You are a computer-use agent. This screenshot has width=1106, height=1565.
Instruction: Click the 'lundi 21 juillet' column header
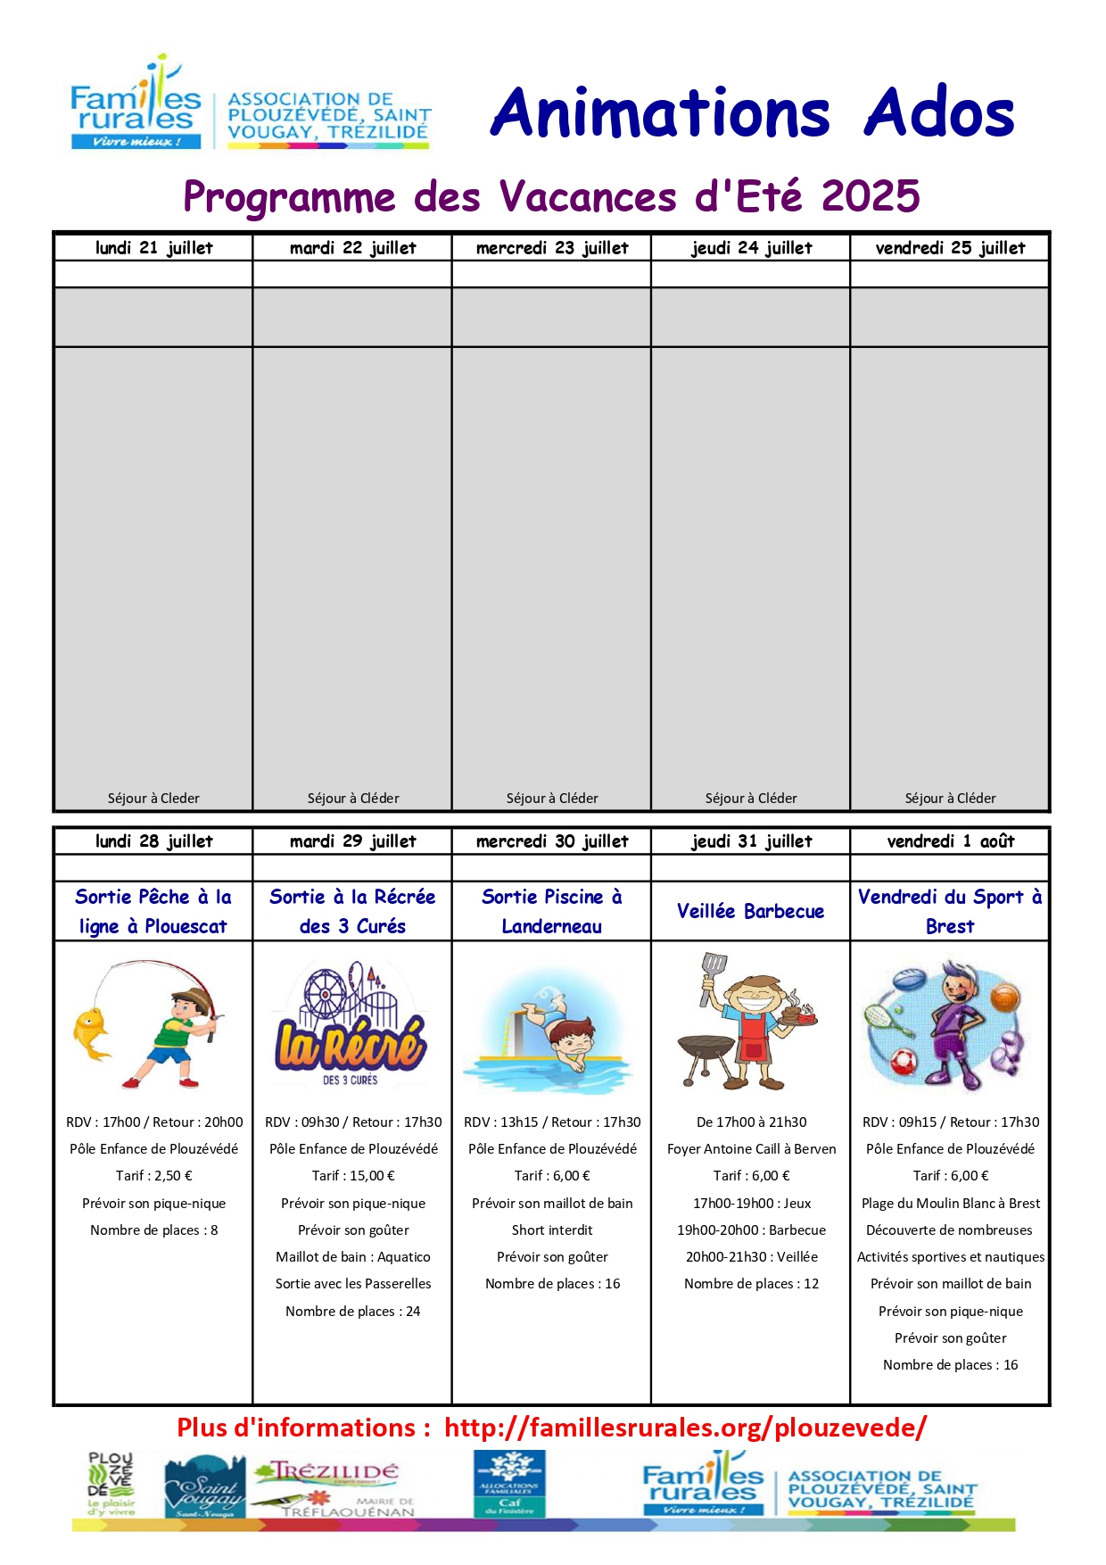(153, 248)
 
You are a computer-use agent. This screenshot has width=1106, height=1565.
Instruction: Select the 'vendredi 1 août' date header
(950, 841)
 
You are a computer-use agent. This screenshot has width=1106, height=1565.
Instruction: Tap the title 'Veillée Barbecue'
(750, 911)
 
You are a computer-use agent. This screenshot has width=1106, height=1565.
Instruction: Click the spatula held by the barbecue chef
(713, 972)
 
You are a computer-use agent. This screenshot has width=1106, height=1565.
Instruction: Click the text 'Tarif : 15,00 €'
(353, 1176)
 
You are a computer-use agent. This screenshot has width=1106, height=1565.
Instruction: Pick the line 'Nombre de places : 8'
(153, 1230)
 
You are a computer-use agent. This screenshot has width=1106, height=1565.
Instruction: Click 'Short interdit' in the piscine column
(552, 1230)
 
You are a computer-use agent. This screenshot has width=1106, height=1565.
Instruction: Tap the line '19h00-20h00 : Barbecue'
(751, 1230)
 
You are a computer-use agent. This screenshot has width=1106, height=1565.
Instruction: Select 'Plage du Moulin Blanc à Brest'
(950, 1204)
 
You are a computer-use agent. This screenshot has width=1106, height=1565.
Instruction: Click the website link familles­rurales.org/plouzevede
(685, 1428)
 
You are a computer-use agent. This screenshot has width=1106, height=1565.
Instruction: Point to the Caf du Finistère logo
(509, 1483)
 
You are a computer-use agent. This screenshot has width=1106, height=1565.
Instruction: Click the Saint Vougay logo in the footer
(204, 1487)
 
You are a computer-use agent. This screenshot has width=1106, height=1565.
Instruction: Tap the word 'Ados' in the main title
(939, 113)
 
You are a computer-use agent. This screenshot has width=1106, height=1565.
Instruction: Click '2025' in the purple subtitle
(871, 196)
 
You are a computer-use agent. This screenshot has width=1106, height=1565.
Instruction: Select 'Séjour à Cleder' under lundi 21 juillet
(153, 799)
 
